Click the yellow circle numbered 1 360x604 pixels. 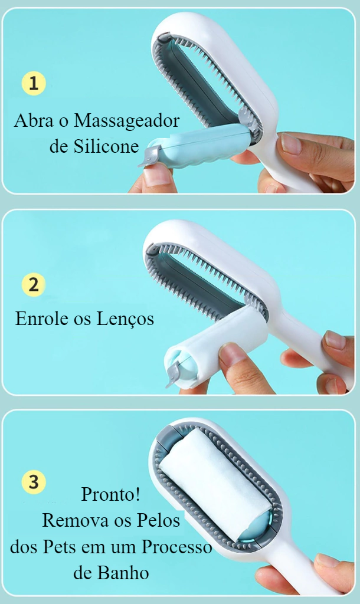pos(34,83)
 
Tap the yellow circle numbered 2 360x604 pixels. pos(34,285)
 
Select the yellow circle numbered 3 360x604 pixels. pos(34,482)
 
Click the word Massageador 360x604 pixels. pos(126,122)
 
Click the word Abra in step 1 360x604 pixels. pos(34,120)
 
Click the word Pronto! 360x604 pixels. pos(110,494)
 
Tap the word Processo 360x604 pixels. pos(176,547)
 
